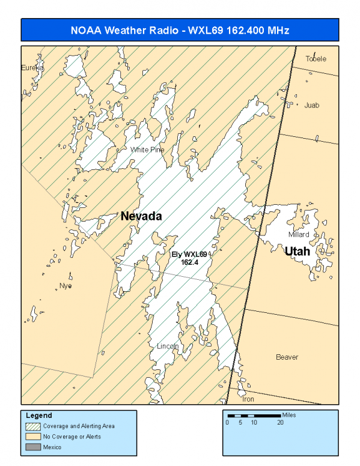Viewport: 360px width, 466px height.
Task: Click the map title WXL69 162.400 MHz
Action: click(x=180, y=30)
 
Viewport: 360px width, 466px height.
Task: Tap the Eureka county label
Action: click(x=32, y=68)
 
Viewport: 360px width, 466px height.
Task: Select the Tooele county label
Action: click(x=316, y=59)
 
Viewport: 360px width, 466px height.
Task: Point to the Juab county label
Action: click(x=312, y=105)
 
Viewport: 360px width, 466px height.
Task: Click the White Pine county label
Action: click(x=147, y=149)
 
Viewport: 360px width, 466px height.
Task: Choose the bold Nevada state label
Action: click(x=142, y=216)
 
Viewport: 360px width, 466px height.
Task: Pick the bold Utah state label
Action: click(x=297, y=251)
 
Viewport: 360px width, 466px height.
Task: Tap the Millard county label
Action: click(x=298, y=234)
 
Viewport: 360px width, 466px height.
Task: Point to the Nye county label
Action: click(x=66, y=286)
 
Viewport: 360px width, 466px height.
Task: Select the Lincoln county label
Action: click(x=168, y=346)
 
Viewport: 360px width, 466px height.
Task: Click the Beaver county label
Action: click(x=287, y=357)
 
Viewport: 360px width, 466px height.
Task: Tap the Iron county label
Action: click(x=248, y=399)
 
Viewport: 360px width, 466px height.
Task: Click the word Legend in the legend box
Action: click(x=39, y=416)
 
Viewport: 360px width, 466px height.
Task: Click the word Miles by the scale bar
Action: click(x=288, y=415)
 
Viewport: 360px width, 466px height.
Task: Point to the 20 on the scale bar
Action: click(x=280, y=423)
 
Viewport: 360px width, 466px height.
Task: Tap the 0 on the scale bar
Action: click(x=227, y=423)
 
